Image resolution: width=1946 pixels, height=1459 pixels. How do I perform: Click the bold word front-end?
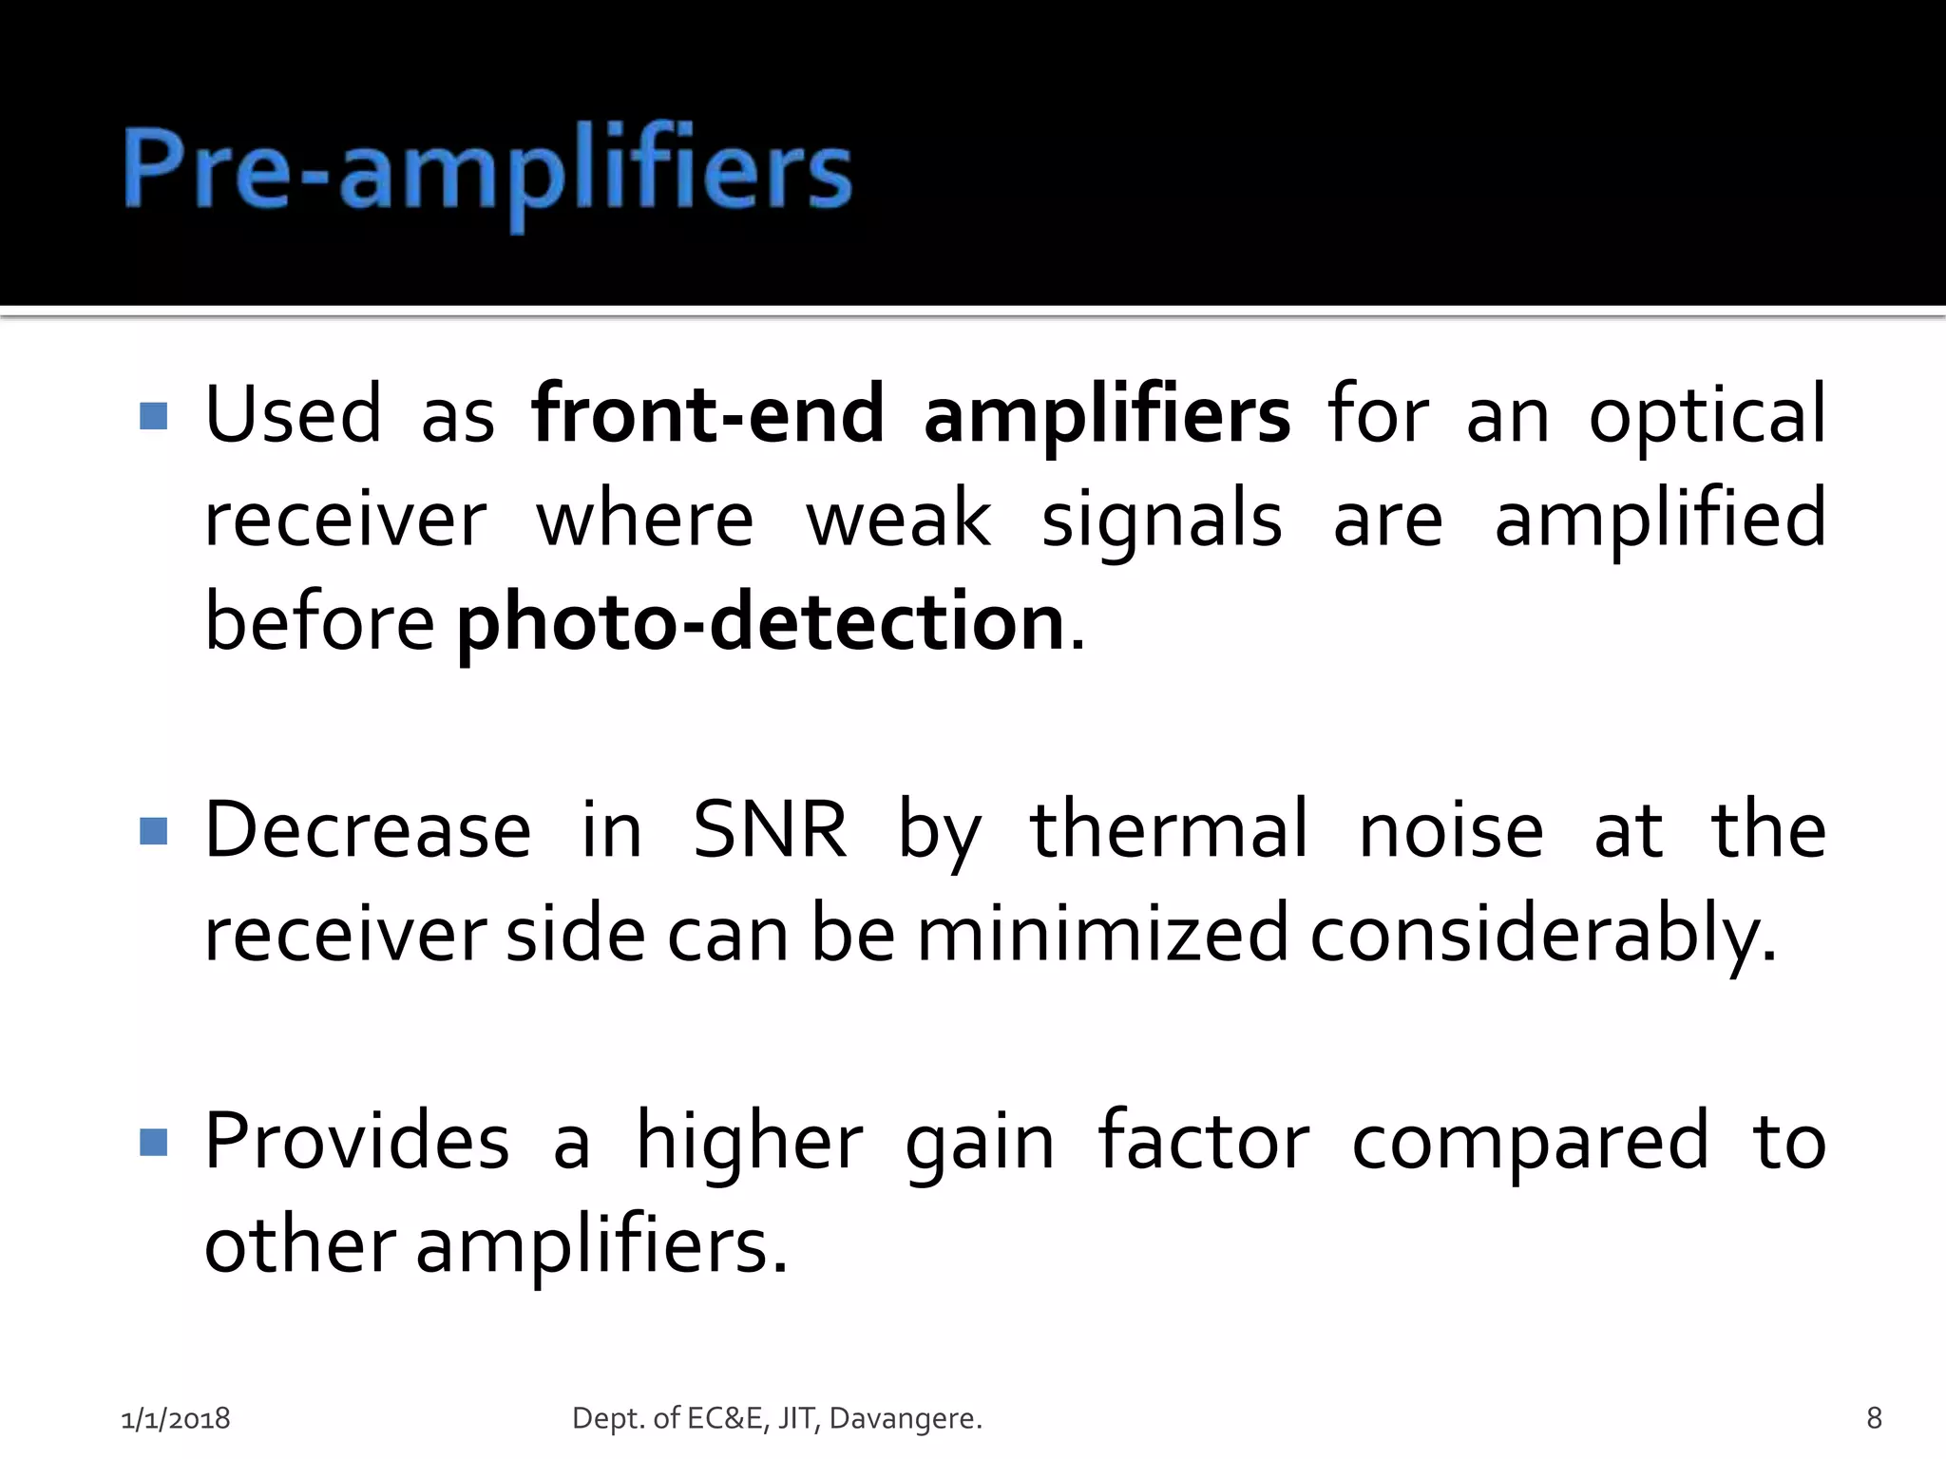pos(708,414)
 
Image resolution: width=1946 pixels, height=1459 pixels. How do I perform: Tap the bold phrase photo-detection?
pos(760,621)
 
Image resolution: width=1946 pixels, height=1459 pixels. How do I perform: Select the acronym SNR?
pos(770,829)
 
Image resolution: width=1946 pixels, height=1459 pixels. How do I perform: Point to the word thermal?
pos(1169,829)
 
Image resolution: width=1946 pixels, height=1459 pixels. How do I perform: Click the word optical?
pos(1707,414)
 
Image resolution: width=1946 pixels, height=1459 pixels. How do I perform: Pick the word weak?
pos(898,519)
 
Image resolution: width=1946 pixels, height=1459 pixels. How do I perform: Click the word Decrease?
pos(368,829)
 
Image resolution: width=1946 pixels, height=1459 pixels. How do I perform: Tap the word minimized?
pos(1102,933)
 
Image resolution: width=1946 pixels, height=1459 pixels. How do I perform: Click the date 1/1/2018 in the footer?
pos(176,1418)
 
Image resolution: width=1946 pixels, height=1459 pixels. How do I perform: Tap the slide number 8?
pos(1874,1418)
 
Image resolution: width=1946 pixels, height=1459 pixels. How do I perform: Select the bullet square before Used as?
pos(153,416)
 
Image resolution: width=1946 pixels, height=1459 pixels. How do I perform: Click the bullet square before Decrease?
pos(153,831)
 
